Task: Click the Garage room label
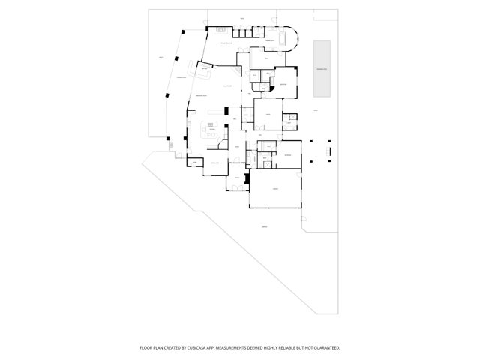point(275,189)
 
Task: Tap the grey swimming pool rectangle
point(322,68)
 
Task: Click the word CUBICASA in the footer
point(197,348)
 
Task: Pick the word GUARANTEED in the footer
point(325,348)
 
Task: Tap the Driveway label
point(264,226)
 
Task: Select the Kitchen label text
point(212,129)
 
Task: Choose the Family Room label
point(227,88)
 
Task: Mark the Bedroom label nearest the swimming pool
point(283,85)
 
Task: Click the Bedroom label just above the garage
point(287,155)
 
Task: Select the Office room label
point(267,113)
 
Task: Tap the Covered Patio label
point(181,77)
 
